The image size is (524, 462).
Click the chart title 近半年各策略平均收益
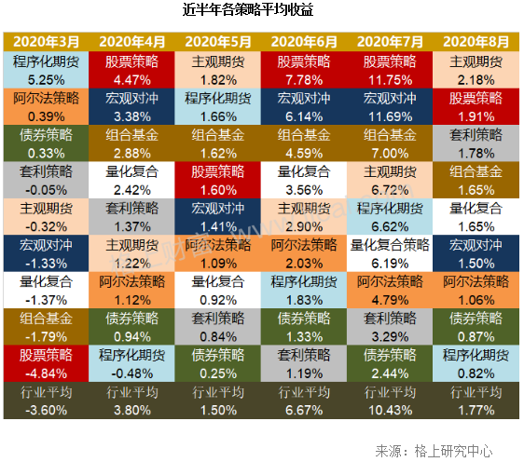click(x=248, y=9)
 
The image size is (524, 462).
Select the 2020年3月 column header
click(x=46, y=42)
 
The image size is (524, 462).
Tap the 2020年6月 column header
click(x=304, y=42)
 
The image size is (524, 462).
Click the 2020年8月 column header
click(x=476, y=42)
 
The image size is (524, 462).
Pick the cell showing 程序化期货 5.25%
click(x=46, y=70)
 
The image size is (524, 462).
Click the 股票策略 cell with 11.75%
click(x=390, y=70)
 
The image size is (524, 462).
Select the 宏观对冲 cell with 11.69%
click(x=390, y=106)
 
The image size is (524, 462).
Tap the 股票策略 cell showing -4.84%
click(x=46, y=363)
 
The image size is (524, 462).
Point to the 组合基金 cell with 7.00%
click(x=390, y=143)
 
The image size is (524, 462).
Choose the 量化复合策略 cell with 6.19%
click(x=390, y=253)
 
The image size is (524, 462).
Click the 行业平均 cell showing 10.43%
click(x=390, y=401)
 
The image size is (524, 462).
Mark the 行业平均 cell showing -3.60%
click(x=46, y=401)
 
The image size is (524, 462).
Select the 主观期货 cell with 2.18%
click(x=476, y=70)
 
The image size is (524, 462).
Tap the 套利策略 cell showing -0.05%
click(x=46, y=180)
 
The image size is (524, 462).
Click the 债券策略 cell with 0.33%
click(x=46, y=143)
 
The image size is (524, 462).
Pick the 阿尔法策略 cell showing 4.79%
click(x=390, y=290)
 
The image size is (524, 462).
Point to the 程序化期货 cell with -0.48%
click(x=131, y=363)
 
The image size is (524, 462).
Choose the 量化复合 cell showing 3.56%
click(x=304, y=180)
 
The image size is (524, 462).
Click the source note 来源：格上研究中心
click(x=434, y=451)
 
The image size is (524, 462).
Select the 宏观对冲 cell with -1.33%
click(x=46, y=253)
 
